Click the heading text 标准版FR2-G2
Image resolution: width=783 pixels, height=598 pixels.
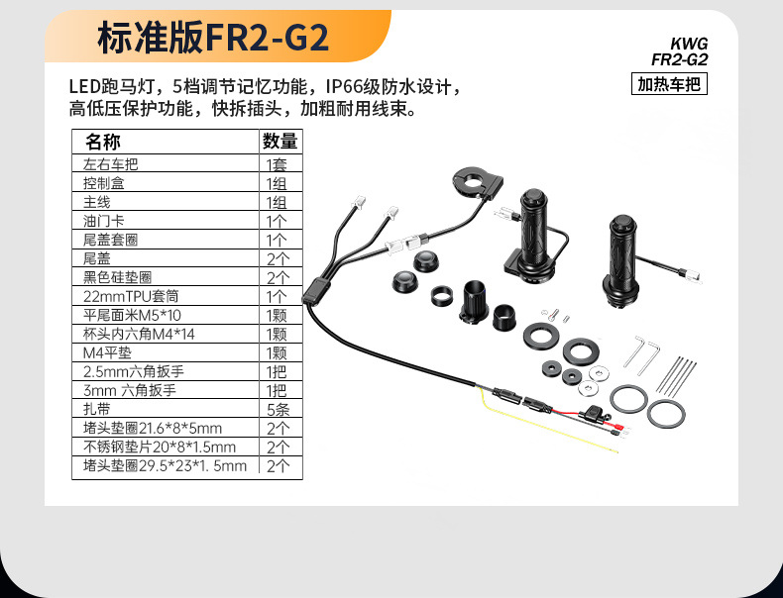212,38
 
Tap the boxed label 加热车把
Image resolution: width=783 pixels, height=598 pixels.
669,84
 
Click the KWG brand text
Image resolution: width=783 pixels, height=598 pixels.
689,44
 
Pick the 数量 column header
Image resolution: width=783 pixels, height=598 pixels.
279,143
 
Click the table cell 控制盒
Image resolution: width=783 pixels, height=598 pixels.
104,183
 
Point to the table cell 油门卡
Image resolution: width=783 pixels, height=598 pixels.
104,221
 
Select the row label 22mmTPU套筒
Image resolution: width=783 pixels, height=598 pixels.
129,296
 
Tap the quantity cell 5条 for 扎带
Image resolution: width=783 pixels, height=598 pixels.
277,409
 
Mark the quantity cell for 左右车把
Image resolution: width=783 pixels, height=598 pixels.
277,164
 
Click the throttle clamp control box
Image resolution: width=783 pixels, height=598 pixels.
477,184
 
